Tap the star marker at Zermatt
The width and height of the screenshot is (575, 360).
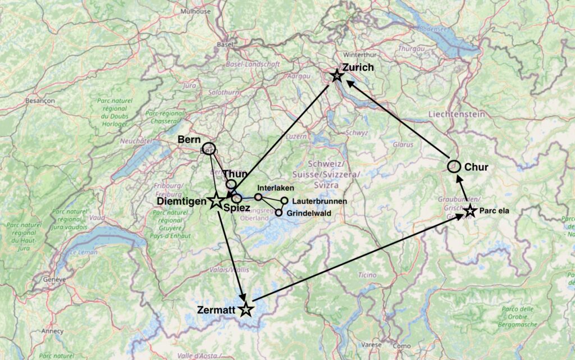(x=245, y=309)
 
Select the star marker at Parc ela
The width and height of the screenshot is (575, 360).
(x=471, y=211)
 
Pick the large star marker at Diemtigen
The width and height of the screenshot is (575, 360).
(x=216, y=200)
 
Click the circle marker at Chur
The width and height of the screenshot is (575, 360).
(x=454, y=166)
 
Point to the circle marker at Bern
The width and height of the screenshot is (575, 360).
(x=209, y=148)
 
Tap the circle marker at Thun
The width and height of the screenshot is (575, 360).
(x=231, y=184)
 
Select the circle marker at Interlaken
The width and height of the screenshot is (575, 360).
(x=258, y=197)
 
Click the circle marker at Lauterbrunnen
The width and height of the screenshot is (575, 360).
(x=284, y=201)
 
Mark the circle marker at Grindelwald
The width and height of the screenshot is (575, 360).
(x=279, y=213)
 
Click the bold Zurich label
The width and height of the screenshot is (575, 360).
(x=357, y=67)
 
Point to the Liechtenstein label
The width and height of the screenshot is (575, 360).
(x=456, y=114)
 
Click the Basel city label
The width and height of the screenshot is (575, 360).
(x=225, y=44)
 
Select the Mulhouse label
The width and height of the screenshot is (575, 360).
(x=197, y=11)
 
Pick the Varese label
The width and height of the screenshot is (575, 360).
(x=371, y=344)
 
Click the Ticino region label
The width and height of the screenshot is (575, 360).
(x=367, y=275)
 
